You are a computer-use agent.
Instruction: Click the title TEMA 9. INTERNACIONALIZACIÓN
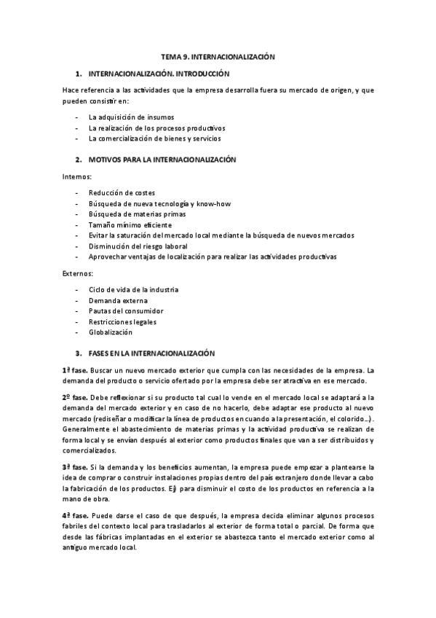pyautogui.click(x=218, y=56)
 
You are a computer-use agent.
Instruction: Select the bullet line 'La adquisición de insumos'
pyautogui.click(x=131, y=117)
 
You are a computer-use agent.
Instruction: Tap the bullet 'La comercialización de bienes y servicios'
pyautogui.click(x=155, y=138)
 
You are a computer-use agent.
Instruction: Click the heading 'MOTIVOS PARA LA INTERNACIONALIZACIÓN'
pyautogui.click(x=163, y=159)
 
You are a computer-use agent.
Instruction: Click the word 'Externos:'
pyautogui.click(x=78, y=273)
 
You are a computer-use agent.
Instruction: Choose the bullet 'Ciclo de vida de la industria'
pyautogui.click(x=133, y=289)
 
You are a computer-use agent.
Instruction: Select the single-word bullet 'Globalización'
pyautogui.click(x=111, y=332)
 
